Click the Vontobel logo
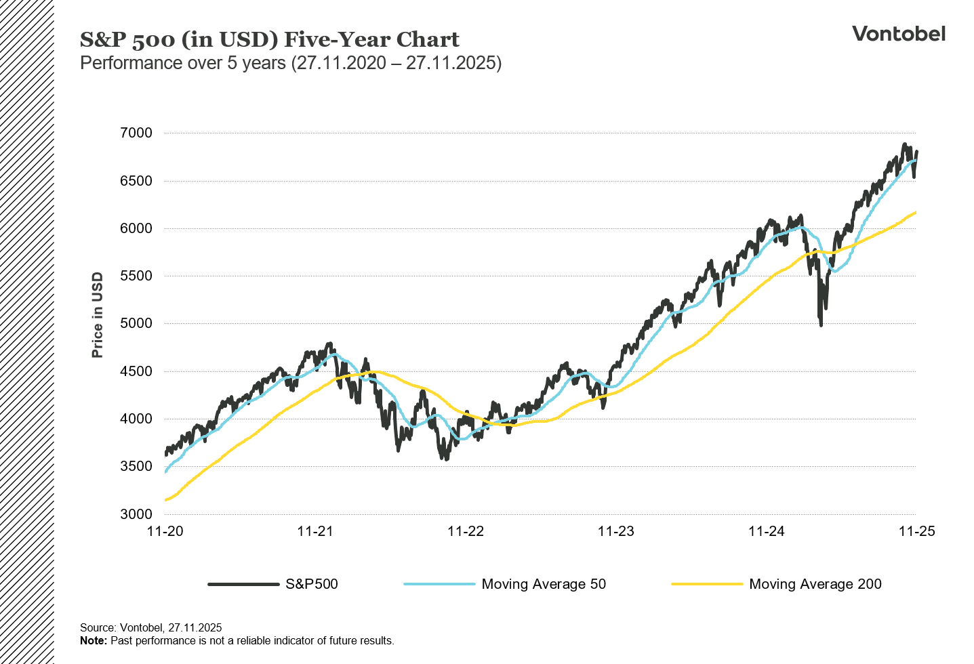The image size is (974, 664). coord(898,34)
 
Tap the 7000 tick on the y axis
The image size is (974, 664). coord(136,133)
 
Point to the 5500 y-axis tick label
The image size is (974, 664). coord(136,276)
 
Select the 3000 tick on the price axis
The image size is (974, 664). coord(136,514)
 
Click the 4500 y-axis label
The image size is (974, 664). coord(136,371)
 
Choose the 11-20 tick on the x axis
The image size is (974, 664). coord(165,531)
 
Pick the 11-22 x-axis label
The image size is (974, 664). coord(466,531)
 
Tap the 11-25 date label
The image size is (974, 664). coord(916,531)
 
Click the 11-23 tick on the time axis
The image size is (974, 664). coord(616,531)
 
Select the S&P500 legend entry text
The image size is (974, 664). coord(312,584)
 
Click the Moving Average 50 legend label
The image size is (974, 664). coord(544,584)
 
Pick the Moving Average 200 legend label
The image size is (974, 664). coord(815,584)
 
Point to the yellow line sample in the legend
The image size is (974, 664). coord(706,584)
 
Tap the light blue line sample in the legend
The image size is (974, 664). coord(439,584)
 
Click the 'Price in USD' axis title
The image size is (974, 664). coord(98,315)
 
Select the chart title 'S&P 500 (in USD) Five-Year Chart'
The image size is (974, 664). coord(270,39)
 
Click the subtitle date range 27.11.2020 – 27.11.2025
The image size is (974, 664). coord(397,63)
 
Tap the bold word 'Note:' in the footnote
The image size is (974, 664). coord(94,640)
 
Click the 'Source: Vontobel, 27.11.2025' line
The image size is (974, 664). coord(150,627)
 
